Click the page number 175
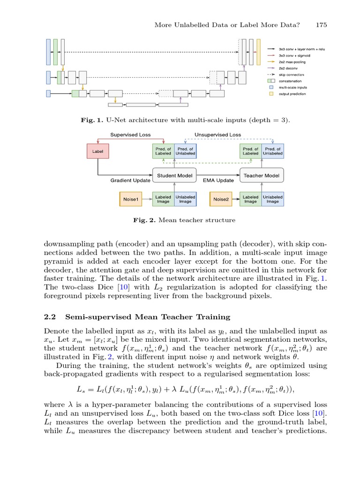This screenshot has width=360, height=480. pyautogui.click(x=321, y=24)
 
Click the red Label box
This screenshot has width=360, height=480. pyautogui.click(x=97, y=151)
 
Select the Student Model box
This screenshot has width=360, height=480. pyautogui.click(x=174, y=176)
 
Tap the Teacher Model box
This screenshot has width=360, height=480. pyautogui.click(x=262, y=176)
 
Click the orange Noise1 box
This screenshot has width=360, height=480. pyautogui.click(x=131, y=199)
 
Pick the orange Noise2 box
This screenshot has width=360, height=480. pyautogui.click(x=220, y=199)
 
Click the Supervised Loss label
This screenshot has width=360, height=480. pyautogui.click(x=130, y=135)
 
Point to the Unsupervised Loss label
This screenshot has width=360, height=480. pyautogui.click(x=218, y=135)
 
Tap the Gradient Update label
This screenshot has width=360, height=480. pyautogui.click(x=130, y=180)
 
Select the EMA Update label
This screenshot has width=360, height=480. pyautogui.click(x=218, y=180)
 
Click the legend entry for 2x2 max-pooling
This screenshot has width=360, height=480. pyautogui.click(x=291, y=61)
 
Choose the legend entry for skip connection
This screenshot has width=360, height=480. pyautogui.click(x=291, y=75)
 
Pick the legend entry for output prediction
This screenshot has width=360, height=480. pyautogui.click(x=292, y=94)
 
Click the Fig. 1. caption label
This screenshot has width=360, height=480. pyautogui.click(x=92, y=120)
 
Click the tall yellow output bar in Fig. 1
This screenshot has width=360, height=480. pyautogui.click(x=258, y=52)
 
